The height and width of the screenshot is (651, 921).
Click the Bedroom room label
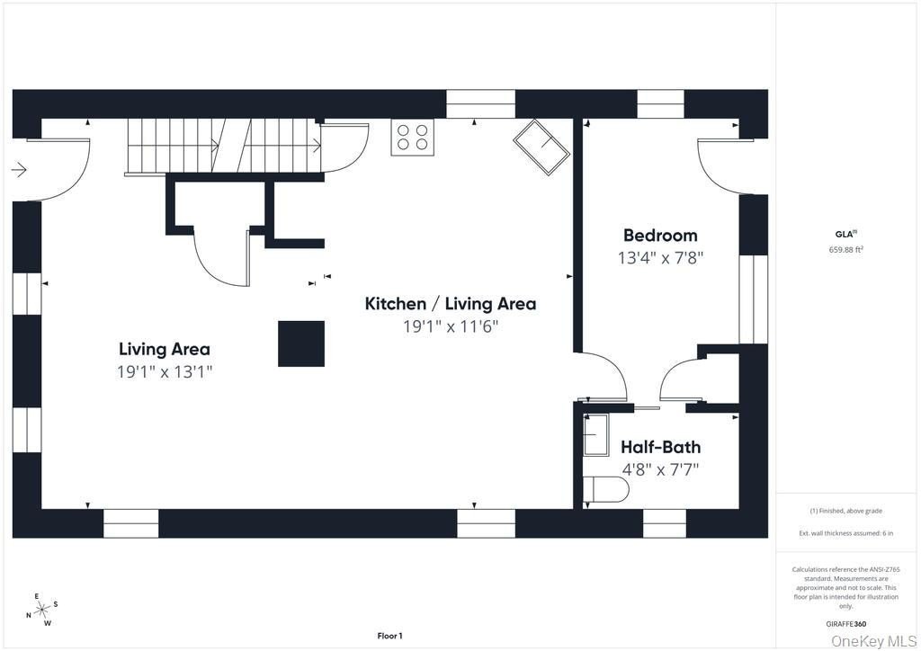coord(660,236)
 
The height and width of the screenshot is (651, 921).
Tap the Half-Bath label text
coord(661,447)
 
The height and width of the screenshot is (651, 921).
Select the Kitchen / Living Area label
coord(451,304)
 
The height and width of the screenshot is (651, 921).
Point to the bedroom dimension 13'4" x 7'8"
coord(660,258)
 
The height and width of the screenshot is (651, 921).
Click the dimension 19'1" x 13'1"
coord(165,371)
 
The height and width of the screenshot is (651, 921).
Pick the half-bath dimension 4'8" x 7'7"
coord(661,469)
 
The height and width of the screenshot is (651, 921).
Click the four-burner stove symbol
coord(412,138)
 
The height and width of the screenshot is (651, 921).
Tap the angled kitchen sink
coord(541,147)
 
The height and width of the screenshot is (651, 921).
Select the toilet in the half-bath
coord(606,489)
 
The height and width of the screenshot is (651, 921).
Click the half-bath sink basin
coord(595,434)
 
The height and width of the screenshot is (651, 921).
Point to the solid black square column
coord(301,343)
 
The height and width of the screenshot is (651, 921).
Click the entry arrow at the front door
coord(19,171)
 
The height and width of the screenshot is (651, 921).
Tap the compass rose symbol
coord(42,611)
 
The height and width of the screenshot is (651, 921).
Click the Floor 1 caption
coord(390,636)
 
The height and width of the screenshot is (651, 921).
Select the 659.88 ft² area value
coord(845,249)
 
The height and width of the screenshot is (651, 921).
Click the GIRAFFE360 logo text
coord(845,624)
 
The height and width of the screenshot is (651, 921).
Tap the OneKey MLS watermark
coord(875,641)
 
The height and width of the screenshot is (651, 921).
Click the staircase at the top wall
coord(224,147)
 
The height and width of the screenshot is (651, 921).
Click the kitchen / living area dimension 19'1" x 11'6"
coord(451,325)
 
